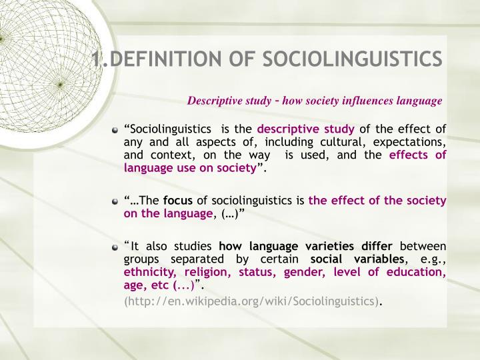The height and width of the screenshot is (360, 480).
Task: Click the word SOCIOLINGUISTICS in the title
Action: pos(352,59)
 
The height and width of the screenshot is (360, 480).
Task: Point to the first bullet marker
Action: pos(116,130)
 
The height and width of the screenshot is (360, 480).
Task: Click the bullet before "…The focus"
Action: pos(116,201)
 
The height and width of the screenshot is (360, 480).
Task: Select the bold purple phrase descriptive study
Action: pos(306,129)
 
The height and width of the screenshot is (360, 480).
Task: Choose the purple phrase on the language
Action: pos(167,213)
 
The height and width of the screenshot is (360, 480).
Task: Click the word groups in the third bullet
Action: pos(141,259)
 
